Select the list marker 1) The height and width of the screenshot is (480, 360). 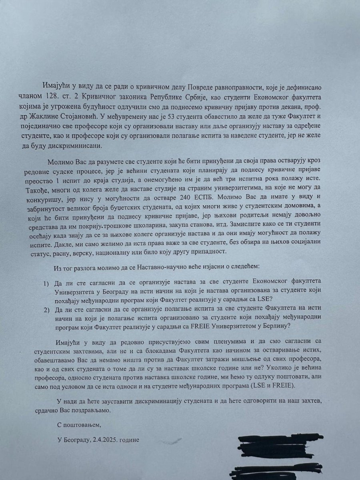[x=47, y=284]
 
